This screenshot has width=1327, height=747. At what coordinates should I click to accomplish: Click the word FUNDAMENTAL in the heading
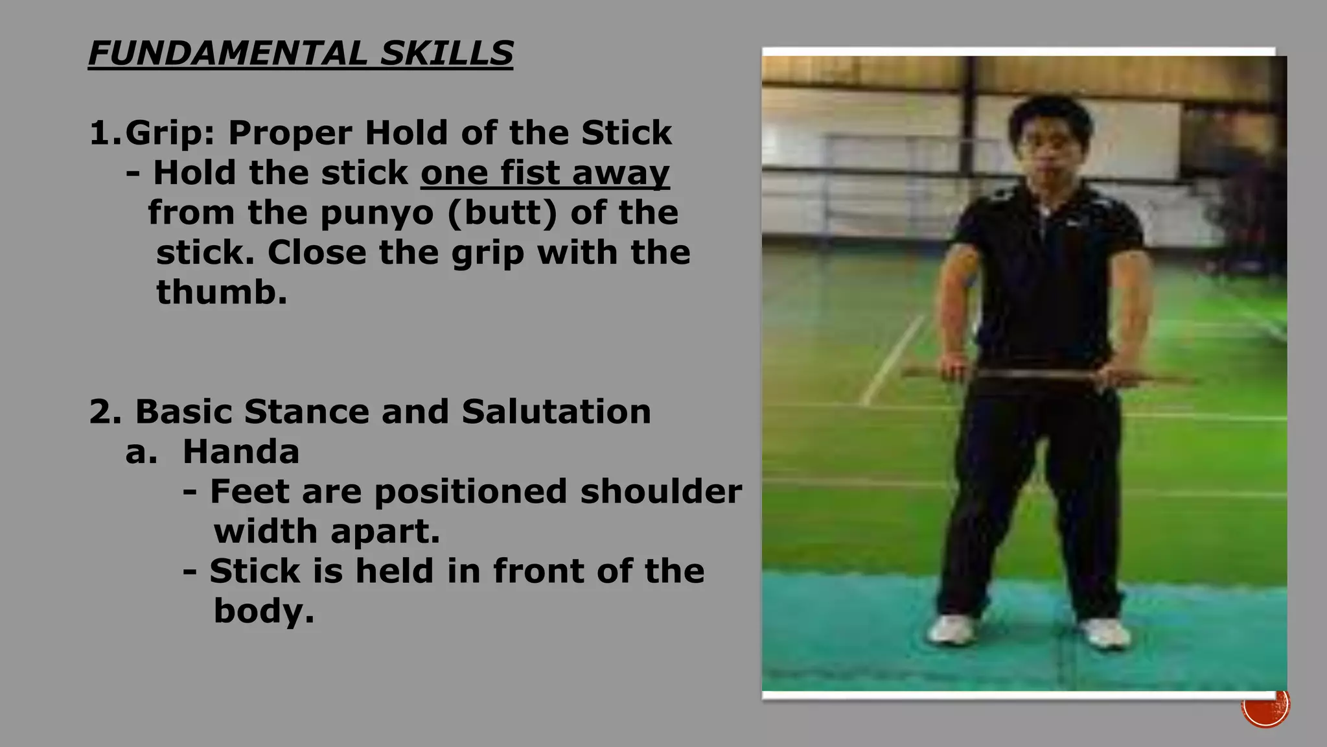point(227,53)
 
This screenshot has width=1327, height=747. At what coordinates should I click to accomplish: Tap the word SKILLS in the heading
point(446,53)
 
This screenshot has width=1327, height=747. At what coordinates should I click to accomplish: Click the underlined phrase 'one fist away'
point(545,173)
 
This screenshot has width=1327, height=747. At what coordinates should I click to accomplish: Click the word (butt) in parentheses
point(502,213)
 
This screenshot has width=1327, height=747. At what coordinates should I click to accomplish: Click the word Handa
point(241,452)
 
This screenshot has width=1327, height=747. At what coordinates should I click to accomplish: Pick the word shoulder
point(661,492)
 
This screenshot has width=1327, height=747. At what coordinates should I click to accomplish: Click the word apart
point(385,532)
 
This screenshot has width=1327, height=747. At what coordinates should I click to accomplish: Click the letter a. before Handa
point(141,452)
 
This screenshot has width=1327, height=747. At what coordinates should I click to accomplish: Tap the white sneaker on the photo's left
point(952,629)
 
